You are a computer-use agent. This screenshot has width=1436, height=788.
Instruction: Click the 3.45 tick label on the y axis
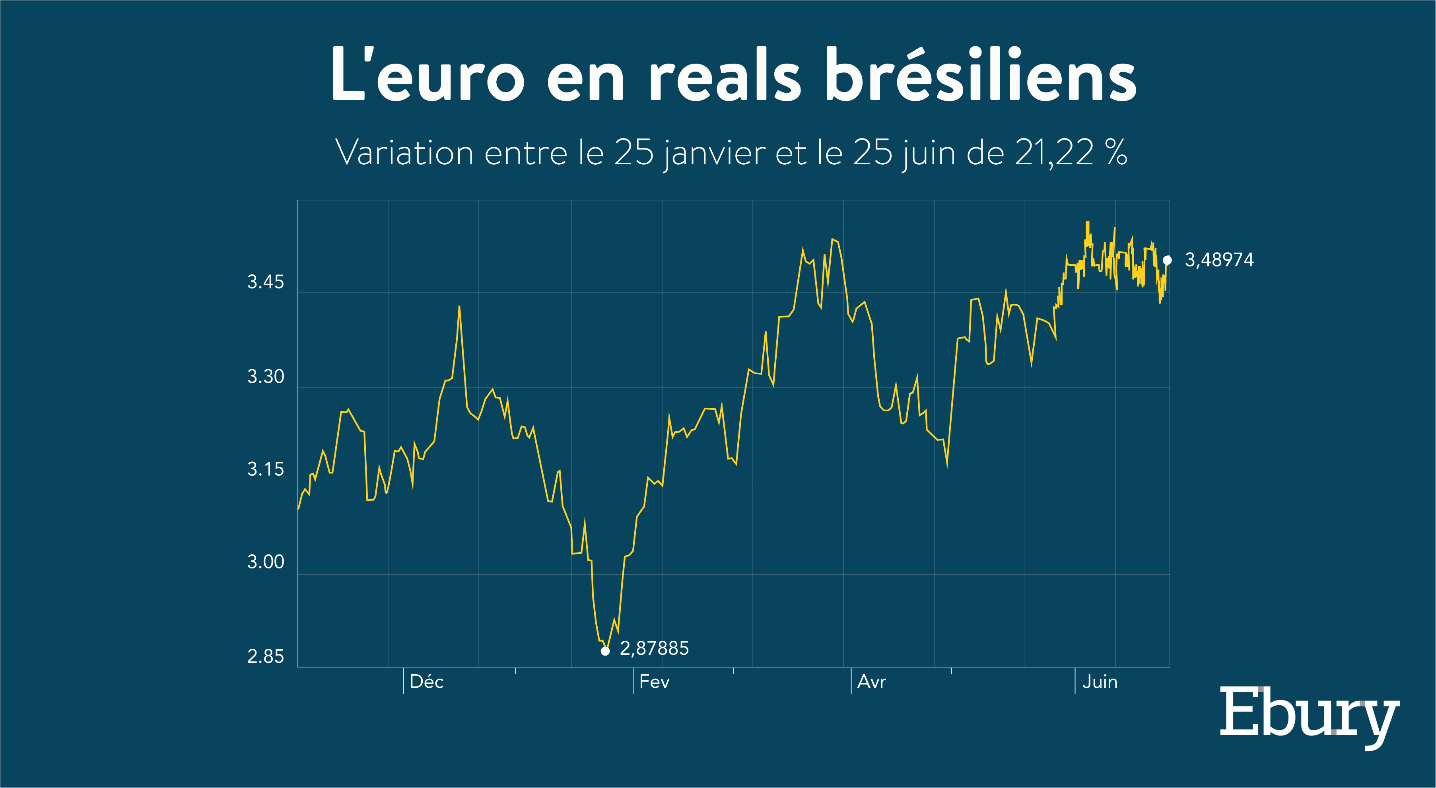(265, 282)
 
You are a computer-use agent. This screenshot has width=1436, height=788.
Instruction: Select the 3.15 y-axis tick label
(265, 469)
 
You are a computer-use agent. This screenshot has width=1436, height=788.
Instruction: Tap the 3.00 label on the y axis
(265, 562)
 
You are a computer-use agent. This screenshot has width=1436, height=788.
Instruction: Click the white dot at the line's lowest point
(605, 651)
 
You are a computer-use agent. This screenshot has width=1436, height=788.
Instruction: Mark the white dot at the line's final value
(1167, 260)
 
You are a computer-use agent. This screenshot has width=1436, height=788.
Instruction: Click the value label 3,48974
(1219, 260)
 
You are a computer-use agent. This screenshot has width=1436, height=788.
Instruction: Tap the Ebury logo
(1310, 717)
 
